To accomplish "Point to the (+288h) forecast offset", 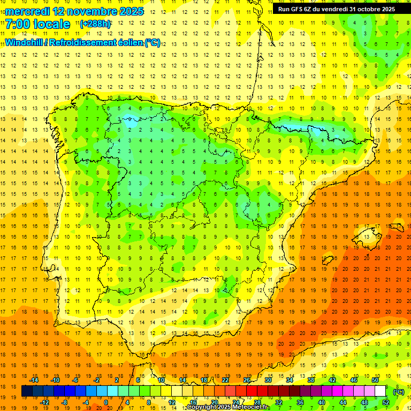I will [x=95, y=24].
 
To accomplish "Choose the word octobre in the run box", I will [x=368, y=9].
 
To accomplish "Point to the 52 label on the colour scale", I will [x=386, y=402].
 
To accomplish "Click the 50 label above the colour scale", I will [x=375, y=380].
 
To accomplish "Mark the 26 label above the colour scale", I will [x=247, y=380].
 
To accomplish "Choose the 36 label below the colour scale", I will [x=300, y=402].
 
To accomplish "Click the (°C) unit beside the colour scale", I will [x=399, y=392].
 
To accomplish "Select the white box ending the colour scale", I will [x=380, y=391].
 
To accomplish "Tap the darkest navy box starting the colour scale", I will [x=27, y=391].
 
